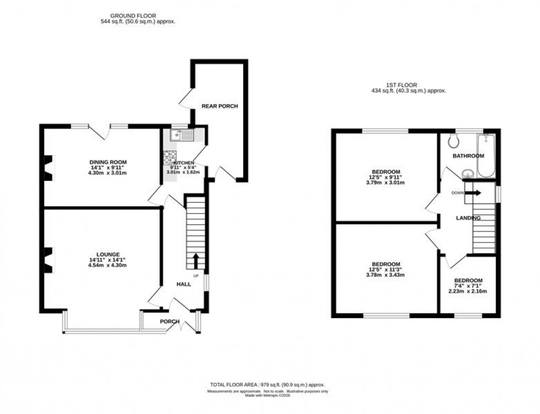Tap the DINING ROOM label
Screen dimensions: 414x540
[108, 162]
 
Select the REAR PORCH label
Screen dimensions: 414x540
[219, 106]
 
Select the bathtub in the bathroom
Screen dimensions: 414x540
[487, 155]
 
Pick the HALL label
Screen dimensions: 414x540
[183, 284]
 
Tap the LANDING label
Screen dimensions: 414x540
[468, 218]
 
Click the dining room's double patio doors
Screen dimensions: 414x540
[99, 131]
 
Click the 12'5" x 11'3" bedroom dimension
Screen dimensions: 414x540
[386, 269]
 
